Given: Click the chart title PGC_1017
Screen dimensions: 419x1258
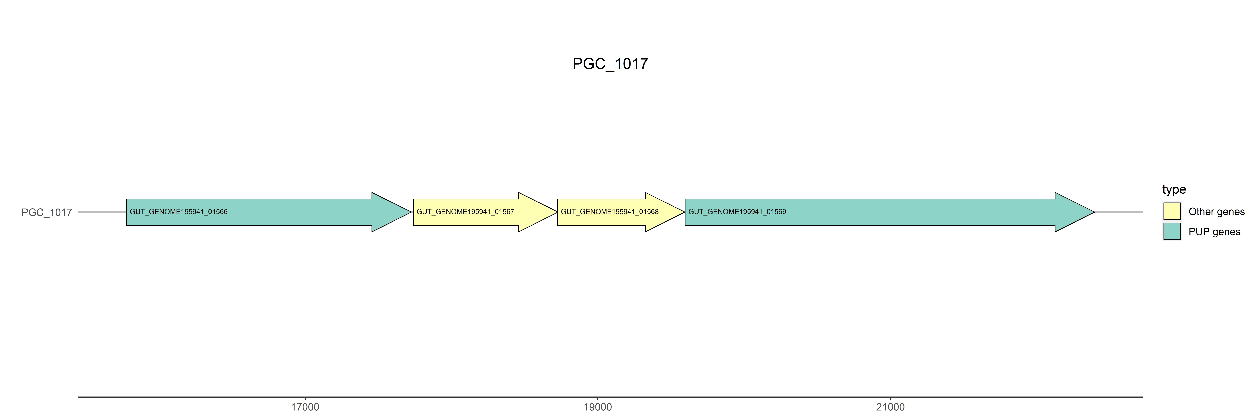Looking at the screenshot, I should click(610, 64).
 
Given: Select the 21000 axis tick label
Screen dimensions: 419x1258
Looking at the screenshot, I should click(890, 407).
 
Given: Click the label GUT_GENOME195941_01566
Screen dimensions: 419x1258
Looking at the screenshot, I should click(179, 212).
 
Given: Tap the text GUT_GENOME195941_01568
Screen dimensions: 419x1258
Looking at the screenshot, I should click(609, 212).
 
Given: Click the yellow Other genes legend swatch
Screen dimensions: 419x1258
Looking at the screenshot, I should click(1172, 211).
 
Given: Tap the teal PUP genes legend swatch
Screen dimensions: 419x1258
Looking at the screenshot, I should click(1172, 231).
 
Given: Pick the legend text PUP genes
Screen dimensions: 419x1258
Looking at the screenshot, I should click(1214, 232).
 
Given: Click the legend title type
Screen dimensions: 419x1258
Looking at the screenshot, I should click(1174, 189).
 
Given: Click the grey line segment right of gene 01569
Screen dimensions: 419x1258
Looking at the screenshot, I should click(1118, 212).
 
